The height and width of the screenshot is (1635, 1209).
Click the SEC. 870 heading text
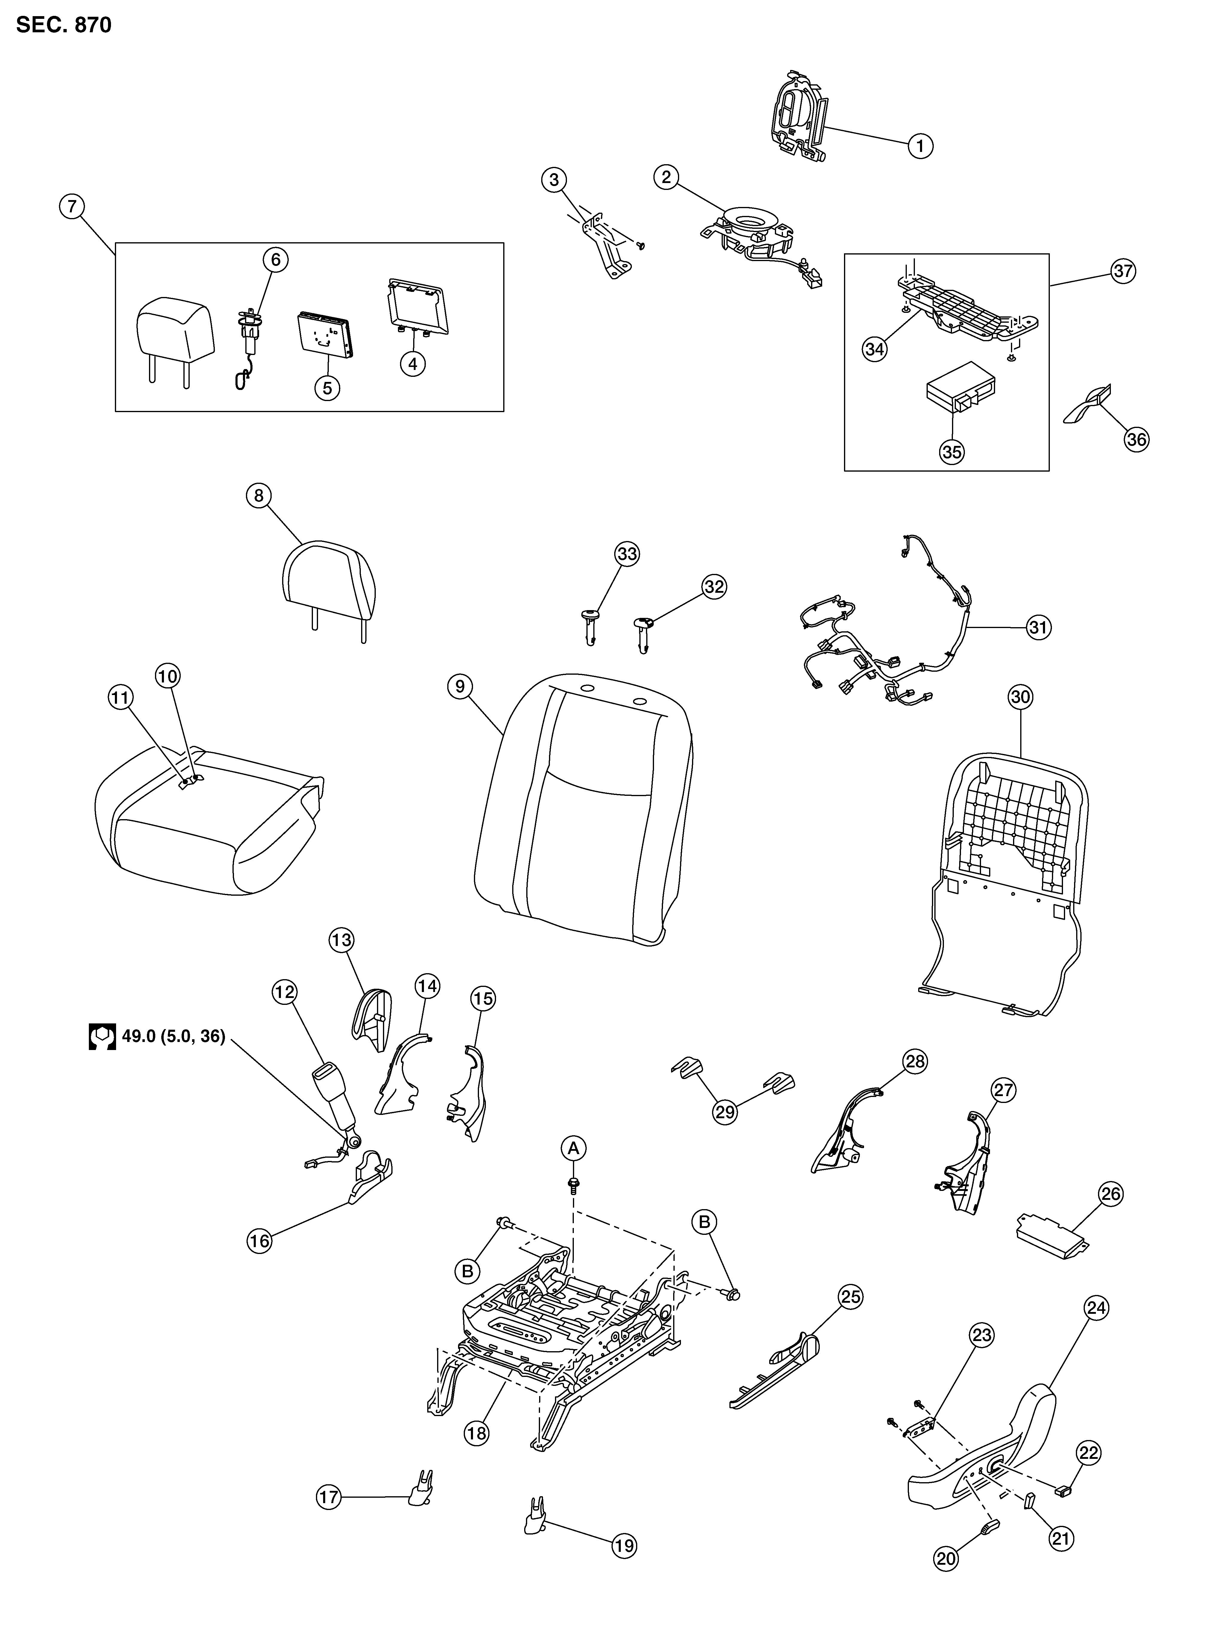[64, 25]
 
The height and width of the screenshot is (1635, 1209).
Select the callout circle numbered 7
[72, 207]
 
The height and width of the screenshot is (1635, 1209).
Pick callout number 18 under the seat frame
[476, 1433]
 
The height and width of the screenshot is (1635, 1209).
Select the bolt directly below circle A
[574, 1185]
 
